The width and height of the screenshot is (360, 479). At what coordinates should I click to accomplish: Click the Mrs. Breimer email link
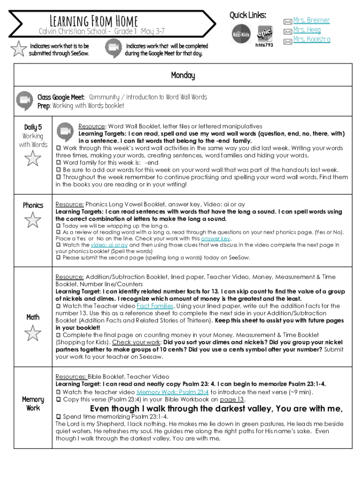pyautogui.click(x=311, y=20)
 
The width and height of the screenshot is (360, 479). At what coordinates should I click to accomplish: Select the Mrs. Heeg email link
pyautogui.click(x=307, y=29)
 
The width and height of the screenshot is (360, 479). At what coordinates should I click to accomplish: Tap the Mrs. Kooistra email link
pyautogui.click(x=311, y=39)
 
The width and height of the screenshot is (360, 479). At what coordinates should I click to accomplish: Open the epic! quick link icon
pyautogui.click(x=265, y=32)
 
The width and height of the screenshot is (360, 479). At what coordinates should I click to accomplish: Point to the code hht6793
pyautogui.click(x=264, y=45)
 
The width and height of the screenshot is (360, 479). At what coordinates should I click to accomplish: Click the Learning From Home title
pyautogui.click(x=94, y=21)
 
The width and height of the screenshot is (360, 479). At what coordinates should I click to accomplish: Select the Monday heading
pyautogui.click(x=183, y=75)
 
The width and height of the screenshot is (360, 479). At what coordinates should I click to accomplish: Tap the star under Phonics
pyautogui.click(x=33, y=219)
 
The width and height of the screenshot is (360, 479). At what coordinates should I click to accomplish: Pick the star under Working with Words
pyautogui.click(x=33, y=159)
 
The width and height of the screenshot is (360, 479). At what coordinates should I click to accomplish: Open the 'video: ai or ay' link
pyautogui.click(x=109, y=245)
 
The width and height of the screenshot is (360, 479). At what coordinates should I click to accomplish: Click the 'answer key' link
pyautogui.click(x=216, y=238)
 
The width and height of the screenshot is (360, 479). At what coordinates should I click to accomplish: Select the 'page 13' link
pyautogui.click(x=232, y=399)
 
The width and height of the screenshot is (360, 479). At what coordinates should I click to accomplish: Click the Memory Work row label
pyautogui.click(x=33, y=403)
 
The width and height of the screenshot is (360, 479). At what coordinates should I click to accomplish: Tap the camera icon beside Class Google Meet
pyautogui.click(x=24, y=102)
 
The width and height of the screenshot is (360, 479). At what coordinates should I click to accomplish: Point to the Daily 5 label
pyautogui.click(x=33, y=127)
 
